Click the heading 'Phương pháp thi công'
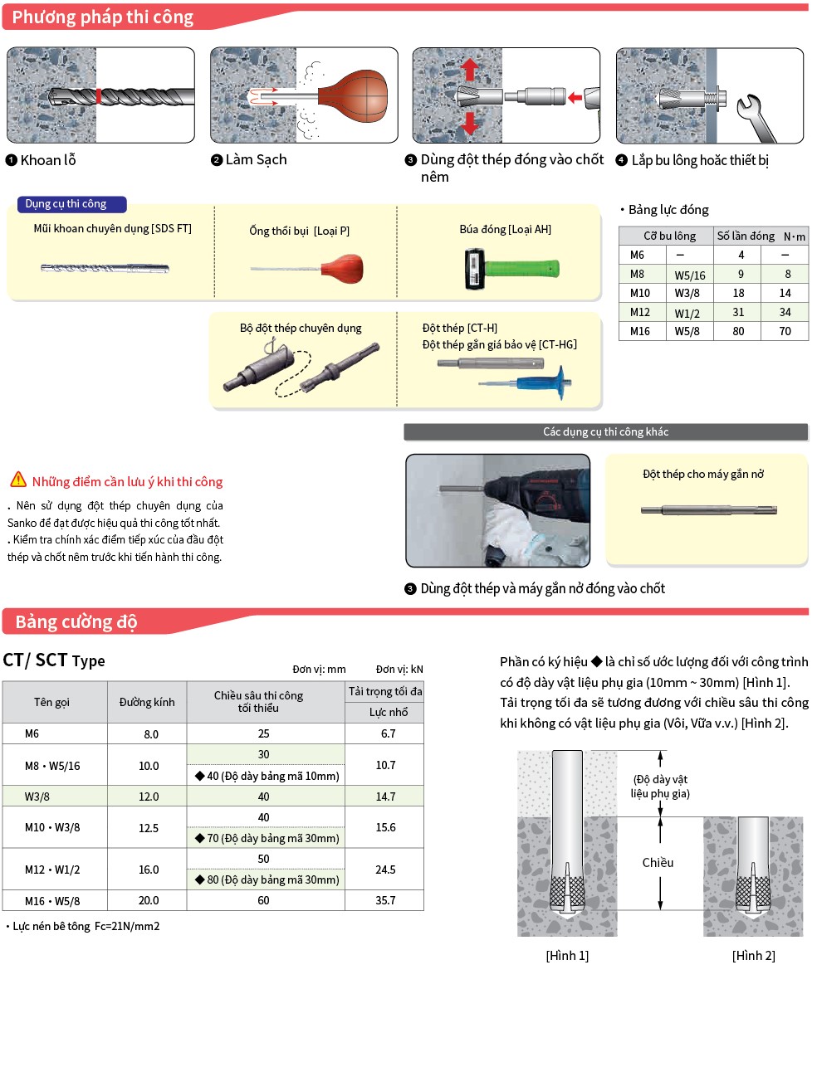coord(102,17)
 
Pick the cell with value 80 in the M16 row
coord(738,331)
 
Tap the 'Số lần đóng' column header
coord(745,236)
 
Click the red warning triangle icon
coord(18,480)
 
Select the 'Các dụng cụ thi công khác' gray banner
coord(605,431)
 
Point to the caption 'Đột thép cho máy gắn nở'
coord(702,474)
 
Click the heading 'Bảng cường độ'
coord(76,621)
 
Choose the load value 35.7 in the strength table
coord(385,900)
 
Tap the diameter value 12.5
coord(149,828)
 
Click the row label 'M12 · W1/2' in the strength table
coord(52,870)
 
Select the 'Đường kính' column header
coord(147,702)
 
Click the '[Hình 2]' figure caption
coord(753,956)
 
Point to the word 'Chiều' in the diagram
coord(658,863)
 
